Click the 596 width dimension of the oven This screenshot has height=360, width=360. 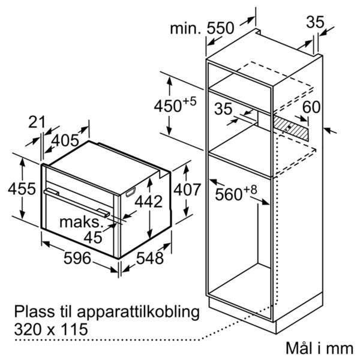tap(77, 258)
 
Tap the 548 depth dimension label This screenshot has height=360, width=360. tap(149, 258)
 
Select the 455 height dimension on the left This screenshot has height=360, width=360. tap(22, 189)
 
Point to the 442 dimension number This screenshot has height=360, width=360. tap(149, 202)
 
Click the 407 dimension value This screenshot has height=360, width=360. tap(187, 190)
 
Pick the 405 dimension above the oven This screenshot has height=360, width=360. tap(65, 140)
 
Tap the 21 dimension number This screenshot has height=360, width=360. tap(37, 122)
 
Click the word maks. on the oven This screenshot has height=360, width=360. tap(80, 222)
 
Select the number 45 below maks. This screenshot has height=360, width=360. tap(93, 238)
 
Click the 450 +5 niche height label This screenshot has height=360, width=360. tap(175, 105)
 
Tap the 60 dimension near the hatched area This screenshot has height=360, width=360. tap(311, 107)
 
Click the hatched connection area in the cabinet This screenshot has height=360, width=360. tap(291, 128)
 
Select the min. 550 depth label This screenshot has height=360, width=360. tap(202, 28)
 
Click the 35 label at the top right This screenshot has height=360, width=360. tap(315, 22)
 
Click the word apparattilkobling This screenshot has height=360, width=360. tap(138, 313)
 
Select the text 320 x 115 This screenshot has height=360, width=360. tap(51, 329)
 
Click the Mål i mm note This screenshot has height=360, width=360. tap(320, 348)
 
